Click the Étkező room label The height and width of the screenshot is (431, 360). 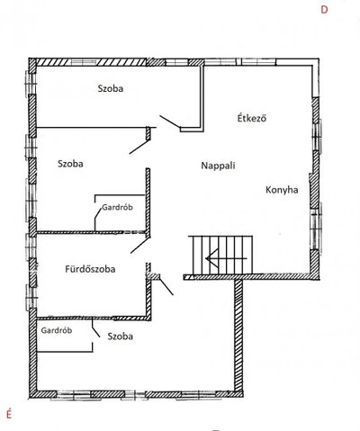252,118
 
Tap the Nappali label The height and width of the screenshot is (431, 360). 218,166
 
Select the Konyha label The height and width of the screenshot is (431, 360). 282,190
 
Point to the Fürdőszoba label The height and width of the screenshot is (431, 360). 90,269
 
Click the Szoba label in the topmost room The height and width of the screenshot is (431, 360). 111,88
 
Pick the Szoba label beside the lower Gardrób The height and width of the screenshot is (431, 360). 121,337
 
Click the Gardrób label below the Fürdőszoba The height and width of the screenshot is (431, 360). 57,330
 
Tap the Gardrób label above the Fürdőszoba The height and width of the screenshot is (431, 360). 117,207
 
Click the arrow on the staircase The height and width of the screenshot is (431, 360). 226,258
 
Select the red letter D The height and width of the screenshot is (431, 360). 324,10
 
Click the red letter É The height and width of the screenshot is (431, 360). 9,414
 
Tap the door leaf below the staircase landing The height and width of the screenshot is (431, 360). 166,286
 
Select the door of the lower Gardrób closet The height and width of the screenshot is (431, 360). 95,328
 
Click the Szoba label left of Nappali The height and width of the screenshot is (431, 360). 70,164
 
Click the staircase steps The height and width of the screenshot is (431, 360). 220,255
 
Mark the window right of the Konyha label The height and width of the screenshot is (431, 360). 316,227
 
